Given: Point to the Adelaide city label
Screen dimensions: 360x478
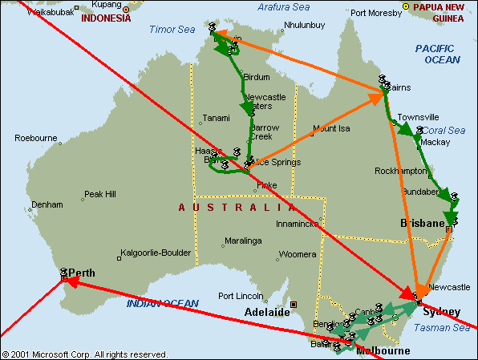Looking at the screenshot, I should click(x=266, y=311).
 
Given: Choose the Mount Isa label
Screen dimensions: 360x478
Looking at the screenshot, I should click(x=332, y=128).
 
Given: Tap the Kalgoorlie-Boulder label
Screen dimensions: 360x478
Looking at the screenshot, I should click(x=156, y=253).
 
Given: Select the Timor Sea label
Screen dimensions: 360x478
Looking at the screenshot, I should click(x=171, y=30).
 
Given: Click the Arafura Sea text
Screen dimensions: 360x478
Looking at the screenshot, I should click(x=285, y=7).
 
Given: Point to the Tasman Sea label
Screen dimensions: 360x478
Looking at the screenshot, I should click(x=441, y=327).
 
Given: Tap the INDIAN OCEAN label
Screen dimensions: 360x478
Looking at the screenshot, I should click(x=161, y=303).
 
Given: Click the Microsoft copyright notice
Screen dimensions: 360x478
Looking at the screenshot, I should click(x=84, y=354).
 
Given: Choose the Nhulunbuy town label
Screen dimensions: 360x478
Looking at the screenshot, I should click(x=305, y=25).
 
